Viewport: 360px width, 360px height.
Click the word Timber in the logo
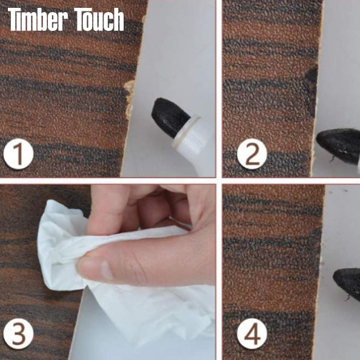pos(38,20)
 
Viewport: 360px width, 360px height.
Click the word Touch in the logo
pos(99,20)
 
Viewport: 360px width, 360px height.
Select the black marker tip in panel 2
pos(338,145)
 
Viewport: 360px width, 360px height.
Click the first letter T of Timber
pos(15,20)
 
